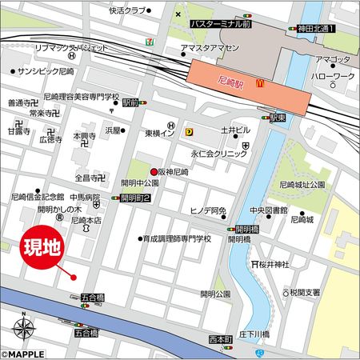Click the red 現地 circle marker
coord(40,247)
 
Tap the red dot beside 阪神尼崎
coord(154,173)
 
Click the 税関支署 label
coord(307,292)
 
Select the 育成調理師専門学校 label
coord(178,238)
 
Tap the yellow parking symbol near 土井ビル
coord(189,132)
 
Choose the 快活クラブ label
coord(129,10)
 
